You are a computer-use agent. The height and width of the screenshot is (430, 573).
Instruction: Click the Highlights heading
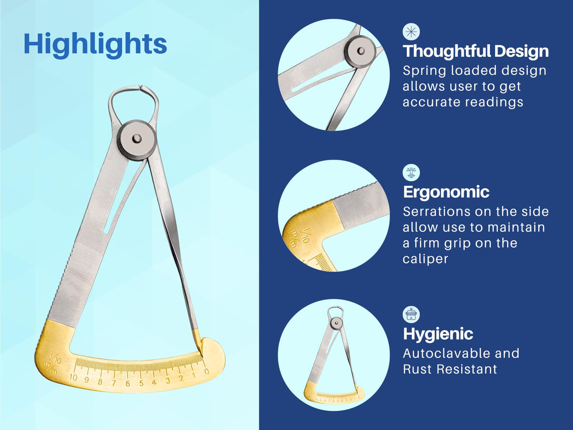95,44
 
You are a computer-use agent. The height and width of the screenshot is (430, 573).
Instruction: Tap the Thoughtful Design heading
476,52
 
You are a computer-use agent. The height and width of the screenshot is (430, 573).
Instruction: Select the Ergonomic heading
446,193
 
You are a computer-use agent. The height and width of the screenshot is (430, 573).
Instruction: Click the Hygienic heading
438,334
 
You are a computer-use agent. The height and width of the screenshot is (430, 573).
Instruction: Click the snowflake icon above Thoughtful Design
411,32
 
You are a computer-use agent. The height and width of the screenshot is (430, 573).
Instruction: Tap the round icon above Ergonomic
411,172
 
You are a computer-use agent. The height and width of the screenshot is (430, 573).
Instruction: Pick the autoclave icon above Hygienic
411,314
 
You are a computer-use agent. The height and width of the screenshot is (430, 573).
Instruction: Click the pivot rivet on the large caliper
137,138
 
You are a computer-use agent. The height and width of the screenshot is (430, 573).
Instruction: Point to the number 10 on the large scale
74,377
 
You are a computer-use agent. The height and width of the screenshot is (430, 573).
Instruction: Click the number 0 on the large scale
206,371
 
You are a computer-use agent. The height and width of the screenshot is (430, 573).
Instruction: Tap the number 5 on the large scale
141,383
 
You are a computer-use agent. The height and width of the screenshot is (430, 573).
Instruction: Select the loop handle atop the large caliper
133,105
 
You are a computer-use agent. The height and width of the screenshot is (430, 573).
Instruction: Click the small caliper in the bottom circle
334,355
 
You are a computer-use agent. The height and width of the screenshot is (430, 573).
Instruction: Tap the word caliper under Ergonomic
425,259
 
